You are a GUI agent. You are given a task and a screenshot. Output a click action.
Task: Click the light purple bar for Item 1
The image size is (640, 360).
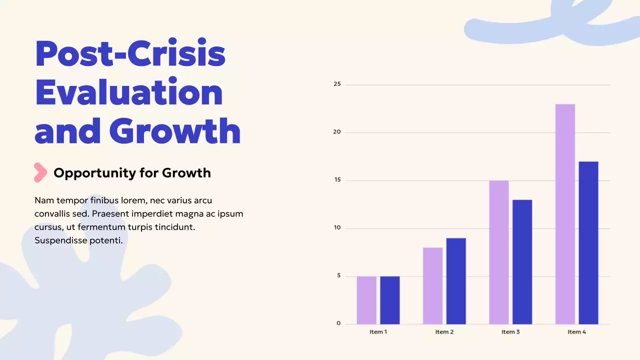pos(366,300)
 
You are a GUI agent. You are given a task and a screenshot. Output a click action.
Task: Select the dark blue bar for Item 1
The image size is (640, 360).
pos(390,300)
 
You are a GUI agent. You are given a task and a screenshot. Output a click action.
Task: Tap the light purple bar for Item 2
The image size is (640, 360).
pos(432,286)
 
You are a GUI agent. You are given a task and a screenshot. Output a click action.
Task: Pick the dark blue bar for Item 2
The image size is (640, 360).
pos(456,281)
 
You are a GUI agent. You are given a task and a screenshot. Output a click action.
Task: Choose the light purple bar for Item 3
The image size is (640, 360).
pos(499,252)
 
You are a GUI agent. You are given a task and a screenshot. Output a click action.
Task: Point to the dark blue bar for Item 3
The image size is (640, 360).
pos(522,262)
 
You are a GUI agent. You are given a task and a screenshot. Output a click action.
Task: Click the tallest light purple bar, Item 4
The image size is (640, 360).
pos(565,214)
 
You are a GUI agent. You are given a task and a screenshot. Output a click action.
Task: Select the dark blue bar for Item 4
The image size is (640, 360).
pos(588,243)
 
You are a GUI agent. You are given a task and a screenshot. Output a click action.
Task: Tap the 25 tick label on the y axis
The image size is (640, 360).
pos(337,84)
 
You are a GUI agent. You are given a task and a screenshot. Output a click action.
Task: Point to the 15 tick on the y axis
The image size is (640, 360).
pos(337,180)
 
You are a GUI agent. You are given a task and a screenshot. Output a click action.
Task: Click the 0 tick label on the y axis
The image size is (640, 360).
pos(338,323)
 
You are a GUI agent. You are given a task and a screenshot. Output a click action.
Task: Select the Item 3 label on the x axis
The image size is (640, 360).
pos(510,332)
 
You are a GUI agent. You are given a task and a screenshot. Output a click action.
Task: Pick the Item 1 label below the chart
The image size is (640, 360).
pos(378,332)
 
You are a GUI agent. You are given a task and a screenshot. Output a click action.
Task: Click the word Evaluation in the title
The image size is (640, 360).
pos(129,92)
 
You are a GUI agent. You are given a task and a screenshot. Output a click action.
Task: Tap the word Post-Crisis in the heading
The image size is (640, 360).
pos(130,54)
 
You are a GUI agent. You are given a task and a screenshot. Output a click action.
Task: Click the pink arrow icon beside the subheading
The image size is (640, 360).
pos(40,172)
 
